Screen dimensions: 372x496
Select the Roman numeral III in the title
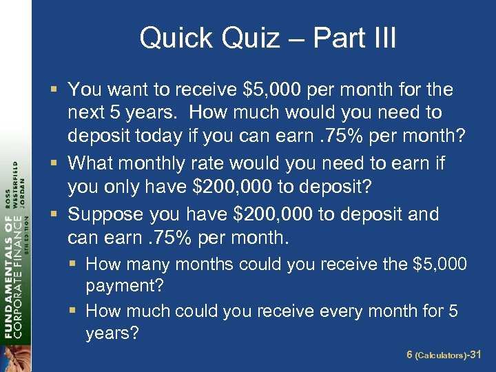[382, 38]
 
